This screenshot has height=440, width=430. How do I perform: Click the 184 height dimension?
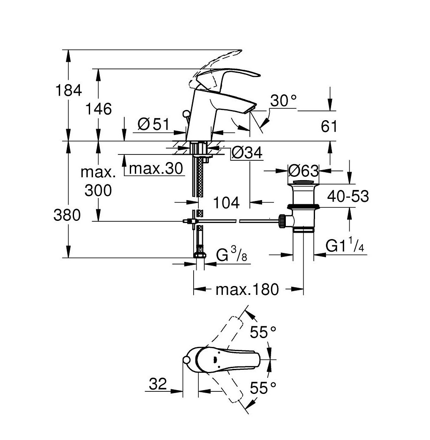(69, 91)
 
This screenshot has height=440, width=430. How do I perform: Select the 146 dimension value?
(98, 109)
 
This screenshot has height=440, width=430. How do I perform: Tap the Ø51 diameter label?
(154, 124)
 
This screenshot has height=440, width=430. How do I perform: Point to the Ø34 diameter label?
(247, 153)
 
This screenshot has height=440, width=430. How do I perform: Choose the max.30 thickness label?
(156, 168)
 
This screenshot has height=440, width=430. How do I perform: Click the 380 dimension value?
(67, 215)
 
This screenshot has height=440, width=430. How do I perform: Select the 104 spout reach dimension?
(226, 202)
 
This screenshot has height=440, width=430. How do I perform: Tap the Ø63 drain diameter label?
(304, 170)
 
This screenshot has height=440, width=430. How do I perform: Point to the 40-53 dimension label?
(348, 196)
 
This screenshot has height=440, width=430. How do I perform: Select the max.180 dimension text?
(247, 289)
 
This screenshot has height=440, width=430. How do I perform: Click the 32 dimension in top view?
(158, 384)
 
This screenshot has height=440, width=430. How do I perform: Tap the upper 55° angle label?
(263, 333)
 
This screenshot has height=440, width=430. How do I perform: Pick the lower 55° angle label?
(263, 388)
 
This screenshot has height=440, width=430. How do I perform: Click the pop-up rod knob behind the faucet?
(186, 114)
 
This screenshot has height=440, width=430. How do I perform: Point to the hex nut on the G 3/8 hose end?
(200, 255)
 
